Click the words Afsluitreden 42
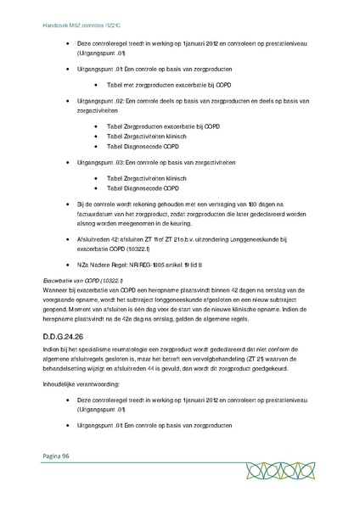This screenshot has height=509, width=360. tap(99, 240)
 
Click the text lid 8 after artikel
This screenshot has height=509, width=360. tap(198, 265)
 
